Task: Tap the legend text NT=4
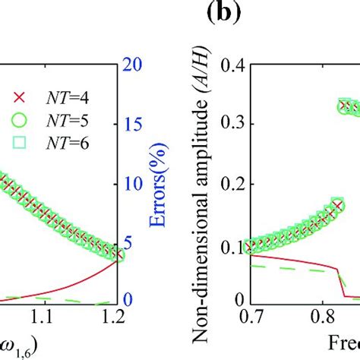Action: tap(62, 96)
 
